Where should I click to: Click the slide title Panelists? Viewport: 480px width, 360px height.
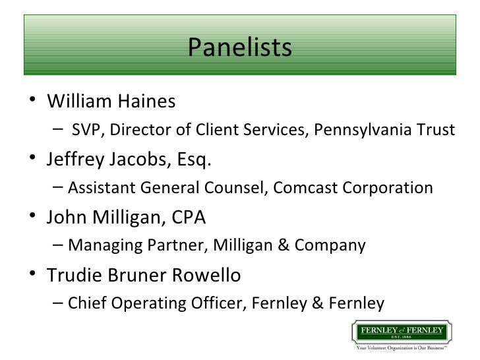(239, 47)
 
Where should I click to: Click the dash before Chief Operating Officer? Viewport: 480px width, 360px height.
(57, 303)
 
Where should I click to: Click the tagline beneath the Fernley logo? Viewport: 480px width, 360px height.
(400, 347)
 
